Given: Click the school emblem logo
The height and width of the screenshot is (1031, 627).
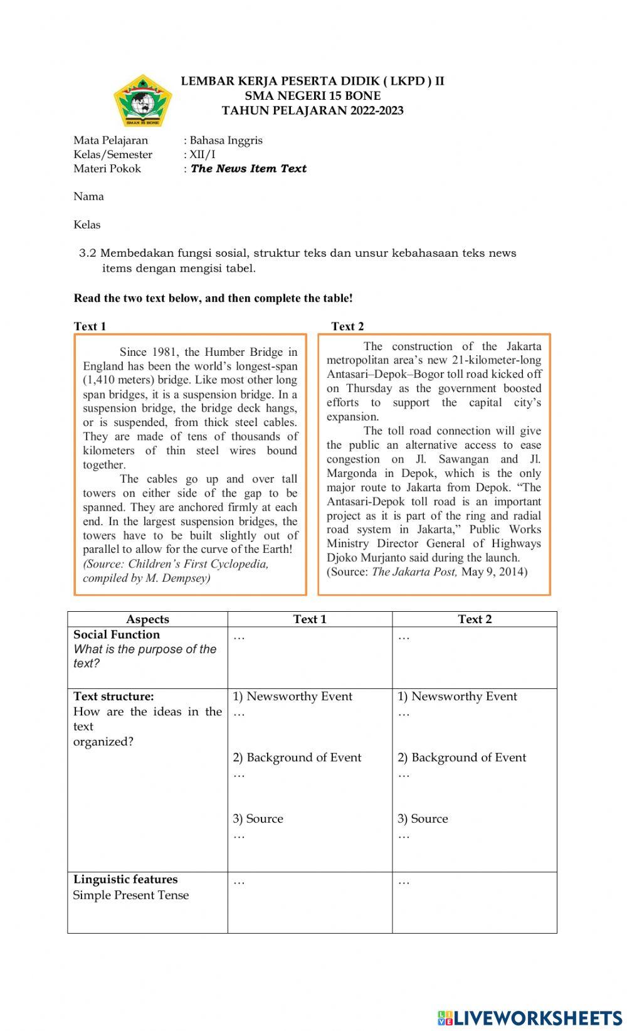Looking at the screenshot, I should [142, 100].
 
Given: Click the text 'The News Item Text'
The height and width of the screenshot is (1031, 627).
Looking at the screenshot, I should [248, 168].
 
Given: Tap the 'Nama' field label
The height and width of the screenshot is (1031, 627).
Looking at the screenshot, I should [88, 196].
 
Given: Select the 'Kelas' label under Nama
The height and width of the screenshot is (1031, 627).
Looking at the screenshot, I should [87, 225].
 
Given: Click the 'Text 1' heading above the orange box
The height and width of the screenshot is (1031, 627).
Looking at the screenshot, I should [90, 326].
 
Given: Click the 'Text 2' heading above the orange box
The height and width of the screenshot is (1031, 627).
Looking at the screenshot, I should [347, 326].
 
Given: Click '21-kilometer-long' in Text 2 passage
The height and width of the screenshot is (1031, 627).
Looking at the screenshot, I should [496, 360].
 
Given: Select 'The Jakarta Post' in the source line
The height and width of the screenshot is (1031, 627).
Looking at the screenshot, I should [414, 572].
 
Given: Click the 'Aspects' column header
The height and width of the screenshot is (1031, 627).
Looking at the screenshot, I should [147, 619].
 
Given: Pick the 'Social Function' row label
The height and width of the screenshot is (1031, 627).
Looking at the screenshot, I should [117, 634].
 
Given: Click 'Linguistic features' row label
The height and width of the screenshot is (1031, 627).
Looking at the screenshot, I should [125, 879].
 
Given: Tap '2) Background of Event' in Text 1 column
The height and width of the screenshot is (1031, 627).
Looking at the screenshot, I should [297, 757].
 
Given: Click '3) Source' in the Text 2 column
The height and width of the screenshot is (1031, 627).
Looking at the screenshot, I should [423, 818].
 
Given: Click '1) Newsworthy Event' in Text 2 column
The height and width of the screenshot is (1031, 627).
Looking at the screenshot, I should [457, 696].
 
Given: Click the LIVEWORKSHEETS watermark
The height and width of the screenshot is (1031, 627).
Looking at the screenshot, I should [530, 1017].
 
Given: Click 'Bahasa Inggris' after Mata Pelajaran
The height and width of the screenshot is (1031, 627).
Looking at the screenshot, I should [226, 141].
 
